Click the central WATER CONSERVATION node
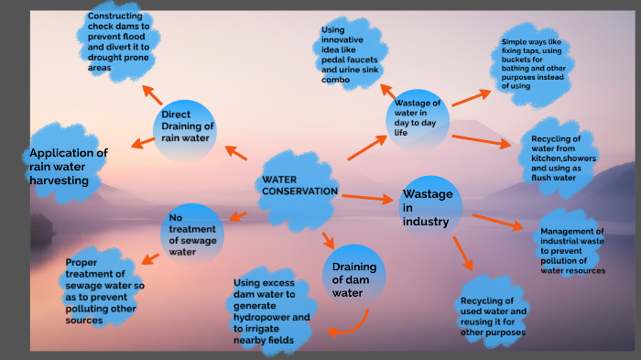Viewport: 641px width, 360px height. point(299,186)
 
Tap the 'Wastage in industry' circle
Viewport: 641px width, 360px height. point(429,207)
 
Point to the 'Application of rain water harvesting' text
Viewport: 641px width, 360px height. point(69,167)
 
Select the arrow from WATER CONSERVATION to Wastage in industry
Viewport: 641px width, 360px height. point(365,196)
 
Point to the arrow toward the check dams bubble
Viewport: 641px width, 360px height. point(152,93)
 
